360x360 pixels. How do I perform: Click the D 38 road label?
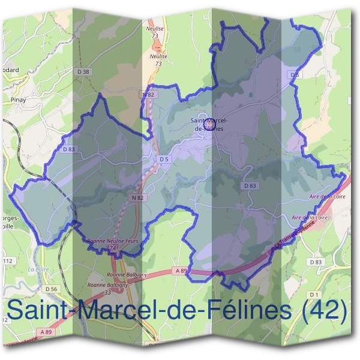pyautogui.click(x=85, y=73)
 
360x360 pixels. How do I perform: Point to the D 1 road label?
pyautogui.click(x=313, y=295)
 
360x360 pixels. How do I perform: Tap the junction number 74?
pyautogui.click(x=112, y=247)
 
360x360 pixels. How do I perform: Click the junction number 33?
pyautogui.click(x=109, y=292)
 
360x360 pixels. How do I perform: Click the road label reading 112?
pyautogui.click(x=8, y=262)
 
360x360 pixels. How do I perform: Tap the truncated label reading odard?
pyautogui.click(x=10, y=70)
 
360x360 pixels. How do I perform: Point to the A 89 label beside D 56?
pyautogui.click(x=44, y=331)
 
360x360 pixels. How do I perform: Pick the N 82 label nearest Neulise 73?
pyautogui.click(x=148, y=95)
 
